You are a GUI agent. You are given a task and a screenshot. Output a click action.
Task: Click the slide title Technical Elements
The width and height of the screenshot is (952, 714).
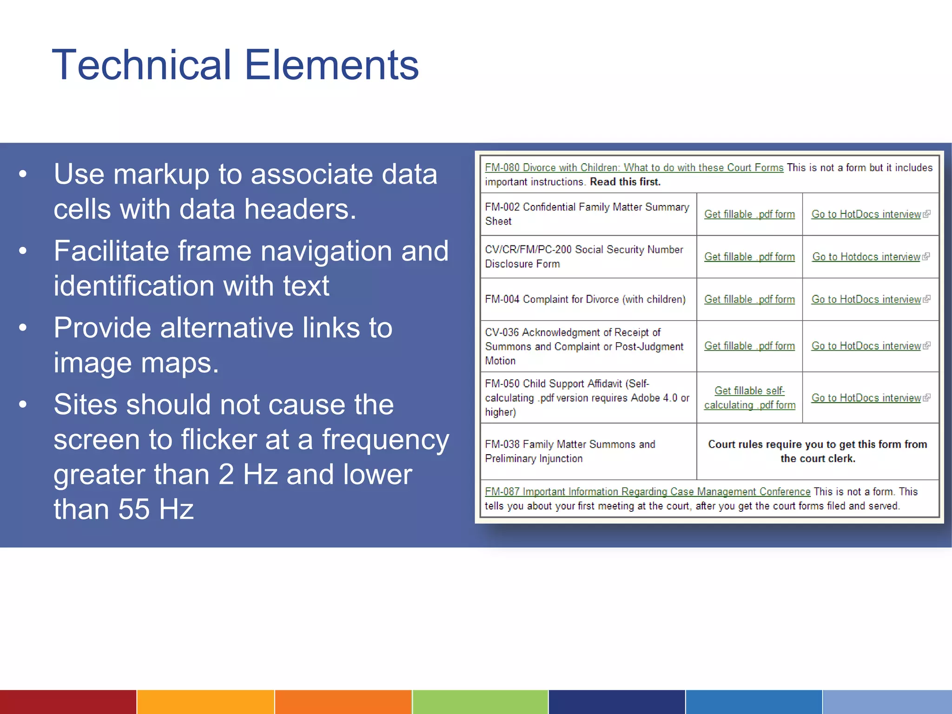pos(235,65)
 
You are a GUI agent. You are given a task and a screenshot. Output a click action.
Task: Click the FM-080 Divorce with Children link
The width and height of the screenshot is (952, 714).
pos(634,168)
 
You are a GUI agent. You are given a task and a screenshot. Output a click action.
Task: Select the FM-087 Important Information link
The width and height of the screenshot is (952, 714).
pos(647,492)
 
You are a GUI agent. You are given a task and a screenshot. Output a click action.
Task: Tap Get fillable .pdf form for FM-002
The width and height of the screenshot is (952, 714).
pos(749,214)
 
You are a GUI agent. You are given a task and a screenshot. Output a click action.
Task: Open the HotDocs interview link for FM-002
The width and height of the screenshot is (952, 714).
pos(866,214)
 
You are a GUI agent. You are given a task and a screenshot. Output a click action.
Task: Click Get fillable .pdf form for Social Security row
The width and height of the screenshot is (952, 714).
pos(749,257)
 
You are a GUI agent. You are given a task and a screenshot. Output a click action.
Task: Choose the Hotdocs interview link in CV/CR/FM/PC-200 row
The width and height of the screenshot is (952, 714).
pos(866,257)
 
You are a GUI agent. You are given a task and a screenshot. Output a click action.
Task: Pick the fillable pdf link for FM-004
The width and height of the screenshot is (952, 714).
pos(749,300)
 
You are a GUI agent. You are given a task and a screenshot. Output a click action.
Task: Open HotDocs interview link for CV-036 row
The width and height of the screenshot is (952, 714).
pos(866,346)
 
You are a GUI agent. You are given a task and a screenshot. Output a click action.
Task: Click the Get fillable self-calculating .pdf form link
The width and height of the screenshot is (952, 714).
pos(749,398)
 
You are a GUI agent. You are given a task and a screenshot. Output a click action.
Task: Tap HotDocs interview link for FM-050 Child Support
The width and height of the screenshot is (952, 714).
pos(866,398)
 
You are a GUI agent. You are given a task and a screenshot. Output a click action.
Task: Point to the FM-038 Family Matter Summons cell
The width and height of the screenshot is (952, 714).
pos(570,451)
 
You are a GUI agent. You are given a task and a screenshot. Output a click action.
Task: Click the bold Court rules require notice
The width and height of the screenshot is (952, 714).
pos(817,451)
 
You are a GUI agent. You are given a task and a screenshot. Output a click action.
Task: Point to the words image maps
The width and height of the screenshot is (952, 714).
pos(136,363)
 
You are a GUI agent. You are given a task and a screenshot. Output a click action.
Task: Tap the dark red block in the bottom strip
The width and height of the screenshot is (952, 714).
pos(68,702)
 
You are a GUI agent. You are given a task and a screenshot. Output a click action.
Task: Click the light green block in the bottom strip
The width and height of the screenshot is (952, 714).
pos(480,702)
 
